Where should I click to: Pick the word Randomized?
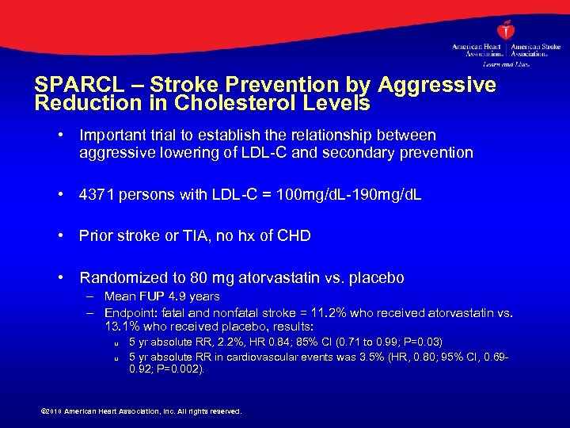(x=123, y=278)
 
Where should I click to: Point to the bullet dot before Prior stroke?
(x=61, y=235)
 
